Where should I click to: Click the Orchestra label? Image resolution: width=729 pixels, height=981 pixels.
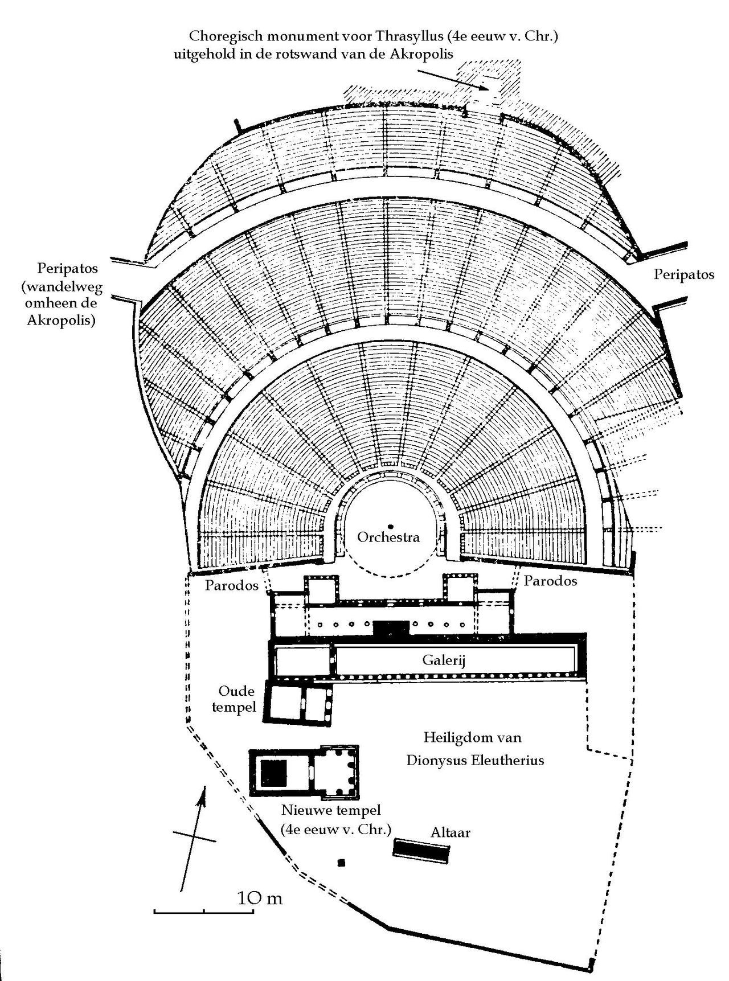pos(388,537)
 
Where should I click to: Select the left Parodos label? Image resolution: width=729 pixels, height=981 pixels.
pos(232,585)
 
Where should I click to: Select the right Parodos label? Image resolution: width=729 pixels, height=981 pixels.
pos(550,581)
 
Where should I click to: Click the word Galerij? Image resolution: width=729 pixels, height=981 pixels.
pos(444,660)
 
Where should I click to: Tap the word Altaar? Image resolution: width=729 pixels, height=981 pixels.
pos(450,832)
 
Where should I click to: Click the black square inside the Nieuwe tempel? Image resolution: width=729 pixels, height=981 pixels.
pos(273,773)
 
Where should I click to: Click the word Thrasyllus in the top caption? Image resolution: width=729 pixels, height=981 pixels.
pos(408,37)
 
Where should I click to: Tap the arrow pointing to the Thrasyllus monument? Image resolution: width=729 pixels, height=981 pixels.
pos(453,79)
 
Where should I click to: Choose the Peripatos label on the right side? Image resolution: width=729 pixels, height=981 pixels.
pos(683,274)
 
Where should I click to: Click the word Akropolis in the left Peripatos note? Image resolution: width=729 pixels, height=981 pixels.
pos(61,320)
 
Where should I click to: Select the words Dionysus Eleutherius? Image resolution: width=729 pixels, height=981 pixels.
pos(475,760)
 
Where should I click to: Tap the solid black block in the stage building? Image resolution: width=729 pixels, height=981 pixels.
pos(391,628)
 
